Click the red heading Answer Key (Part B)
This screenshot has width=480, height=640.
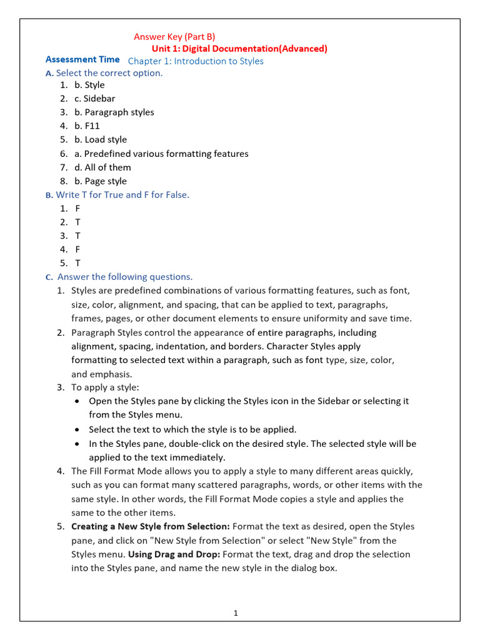[174, 37]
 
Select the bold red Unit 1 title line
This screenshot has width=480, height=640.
[239, 49]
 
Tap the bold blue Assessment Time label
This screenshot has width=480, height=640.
[82, 60]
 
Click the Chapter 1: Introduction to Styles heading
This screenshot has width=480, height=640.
[196, 61]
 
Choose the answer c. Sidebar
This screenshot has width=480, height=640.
[94, 99]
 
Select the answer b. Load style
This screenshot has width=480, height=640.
[100, 140]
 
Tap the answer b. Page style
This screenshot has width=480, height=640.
[100, 181]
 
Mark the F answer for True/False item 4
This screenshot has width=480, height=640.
[77, 249]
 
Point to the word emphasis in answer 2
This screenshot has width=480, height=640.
[110, 374]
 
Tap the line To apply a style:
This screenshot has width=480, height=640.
[105, 387]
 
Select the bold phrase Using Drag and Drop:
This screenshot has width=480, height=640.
[174, 554]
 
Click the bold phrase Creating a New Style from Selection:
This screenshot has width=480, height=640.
[151, 527]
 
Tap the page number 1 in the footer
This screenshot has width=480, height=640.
[236, 613]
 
